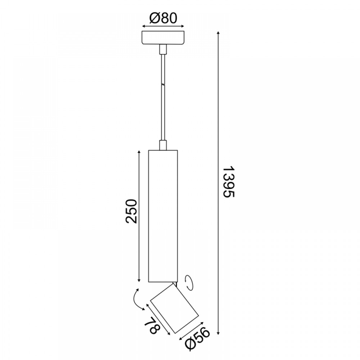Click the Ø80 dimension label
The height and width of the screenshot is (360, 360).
[163, 18]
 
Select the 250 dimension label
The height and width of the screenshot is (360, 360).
[131, 211]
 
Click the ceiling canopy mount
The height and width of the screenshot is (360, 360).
[163, 38]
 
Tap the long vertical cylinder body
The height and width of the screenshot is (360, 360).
[163, 216]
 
